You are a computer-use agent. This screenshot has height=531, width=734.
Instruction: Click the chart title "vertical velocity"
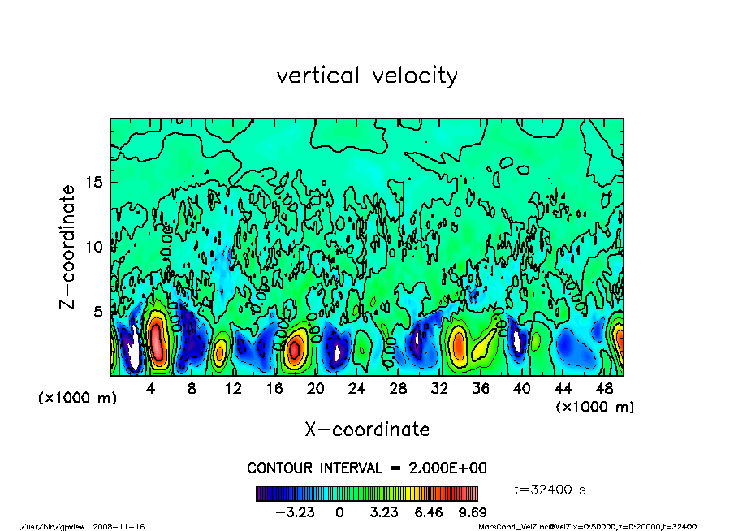click(x=367, y=76)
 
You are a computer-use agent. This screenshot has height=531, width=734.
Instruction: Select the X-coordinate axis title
click(x=367, y=429)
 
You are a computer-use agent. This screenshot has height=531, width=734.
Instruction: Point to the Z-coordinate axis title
click(x=68, y=247)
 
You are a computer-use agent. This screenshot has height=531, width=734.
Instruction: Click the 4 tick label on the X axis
click(x=151, y=388)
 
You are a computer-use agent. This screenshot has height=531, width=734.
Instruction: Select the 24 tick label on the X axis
click(x=356, y=388)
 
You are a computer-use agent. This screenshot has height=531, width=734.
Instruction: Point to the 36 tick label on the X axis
click(x=480, y=388)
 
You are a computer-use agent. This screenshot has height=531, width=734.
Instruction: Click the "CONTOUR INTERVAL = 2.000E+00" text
click(x=367, y=468)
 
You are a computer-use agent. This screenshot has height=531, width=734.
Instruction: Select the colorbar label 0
click(x=340, y=513)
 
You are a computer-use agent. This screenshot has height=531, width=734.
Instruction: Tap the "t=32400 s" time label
click(x=550, y=490)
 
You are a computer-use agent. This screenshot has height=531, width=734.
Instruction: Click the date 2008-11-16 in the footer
click(x=124, y=526)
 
